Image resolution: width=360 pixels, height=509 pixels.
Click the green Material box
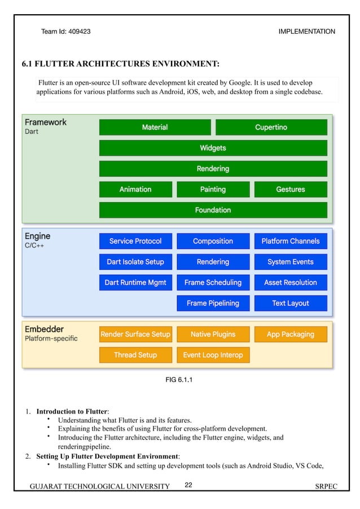155,127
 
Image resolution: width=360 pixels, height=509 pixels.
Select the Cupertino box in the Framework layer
271,127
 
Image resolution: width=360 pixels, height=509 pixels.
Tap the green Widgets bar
213,148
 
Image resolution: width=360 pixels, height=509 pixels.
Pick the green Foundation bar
213,210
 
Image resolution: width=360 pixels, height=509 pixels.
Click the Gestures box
291,190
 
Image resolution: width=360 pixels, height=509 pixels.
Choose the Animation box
135,190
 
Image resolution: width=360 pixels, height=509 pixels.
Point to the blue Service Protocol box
135,241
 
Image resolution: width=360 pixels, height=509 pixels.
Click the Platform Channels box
291,241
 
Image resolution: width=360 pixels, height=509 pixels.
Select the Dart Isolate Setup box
135,262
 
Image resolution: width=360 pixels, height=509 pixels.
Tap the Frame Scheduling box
213,282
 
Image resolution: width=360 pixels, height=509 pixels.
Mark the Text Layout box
291,303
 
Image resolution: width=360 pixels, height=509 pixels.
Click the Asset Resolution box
291,282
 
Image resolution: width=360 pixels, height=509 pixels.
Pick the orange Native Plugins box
213,334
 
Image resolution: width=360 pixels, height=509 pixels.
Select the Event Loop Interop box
213,355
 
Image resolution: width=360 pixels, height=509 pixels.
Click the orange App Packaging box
291,334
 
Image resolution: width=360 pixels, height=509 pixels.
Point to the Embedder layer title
44,329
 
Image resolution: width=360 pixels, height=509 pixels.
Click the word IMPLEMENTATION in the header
306,32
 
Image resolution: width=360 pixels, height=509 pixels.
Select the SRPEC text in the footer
326,486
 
